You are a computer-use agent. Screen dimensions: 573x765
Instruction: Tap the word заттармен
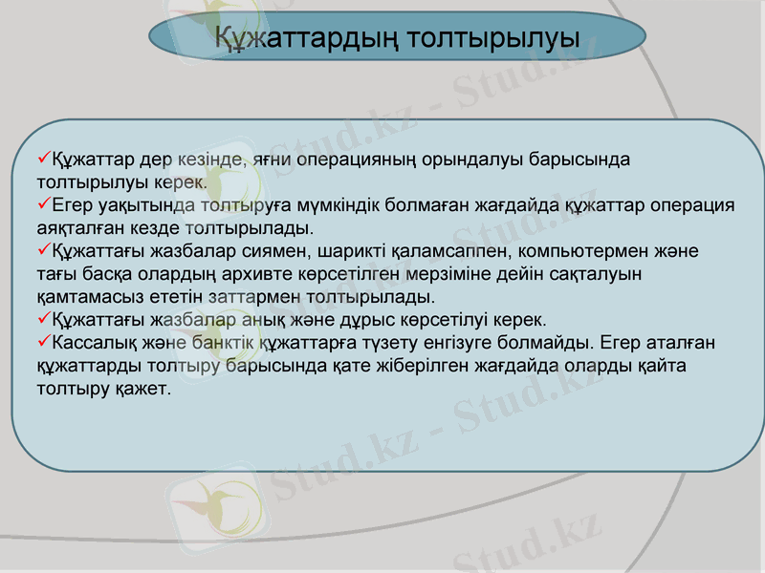click(x=245, y=297)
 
